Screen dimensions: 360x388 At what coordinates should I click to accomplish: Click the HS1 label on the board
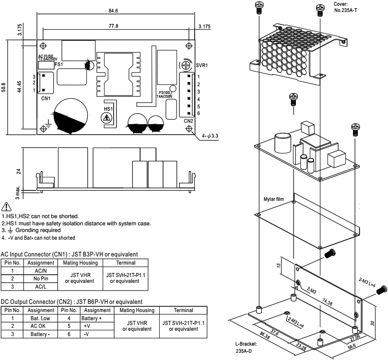(x=108, y=109)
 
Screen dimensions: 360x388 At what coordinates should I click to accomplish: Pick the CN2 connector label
(x=188, y=121)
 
